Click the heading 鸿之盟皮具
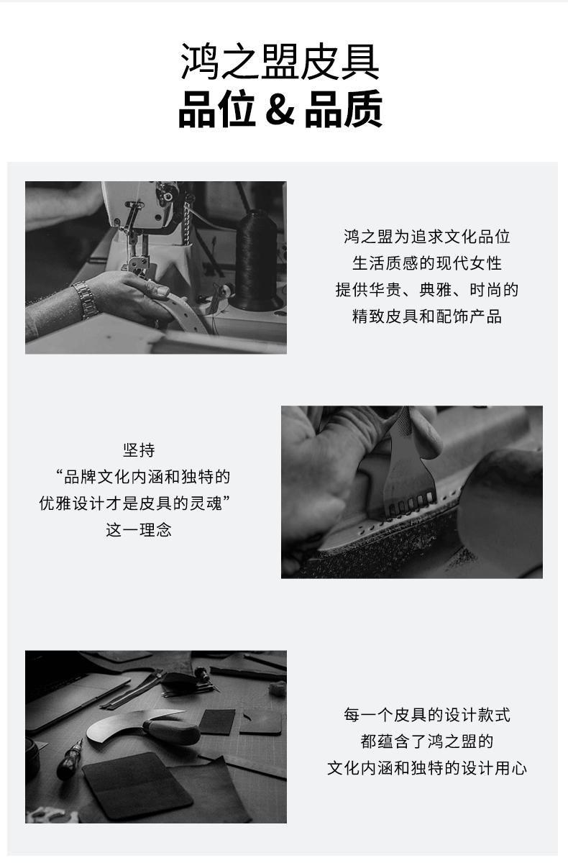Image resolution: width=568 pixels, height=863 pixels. pyautogui.click(x=280, y=62)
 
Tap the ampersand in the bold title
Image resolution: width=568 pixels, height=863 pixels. pyautogui.click(x=280, y=109)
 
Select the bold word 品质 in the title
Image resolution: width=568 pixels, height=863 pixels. pyautogui.click(x=344, y=109)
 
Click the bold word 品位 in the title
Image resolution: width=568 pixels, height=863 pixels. pyautogui.click(x=217, y=109)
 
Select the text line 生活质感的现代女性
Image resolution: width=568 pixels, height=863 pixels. pyautogui.click(x=426, y=263)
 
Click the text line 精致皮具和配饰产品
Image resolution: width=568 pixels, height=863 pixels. pyautogui.click(x=426, y=316)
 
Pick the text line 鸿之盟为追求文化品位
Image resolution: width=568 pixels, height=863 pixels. pyautogui.click(x=426, y=237)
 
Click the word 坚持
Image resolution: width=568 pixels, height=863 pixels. pyautogui.click(x=139, y=450)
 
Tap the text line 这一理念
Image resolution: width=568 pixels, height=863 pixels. pyautogui.click(x=139, y=530)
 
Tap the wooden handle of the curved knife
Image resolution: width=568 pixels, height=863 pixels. pyautogui.click(x=171, y=731)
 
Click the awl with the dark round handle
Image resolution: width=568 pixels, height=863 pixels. pyautogui.click(x=70, y=759)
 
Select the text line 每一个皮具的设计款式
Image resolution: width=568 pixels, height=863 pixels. pyautogui.click(x=426, y=715)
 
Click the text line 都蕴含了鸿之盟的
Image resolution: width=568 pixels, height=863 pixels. pyautogui.click(x=426, y=741)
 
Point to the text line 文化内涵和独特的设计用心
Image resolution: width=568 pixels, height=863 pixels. pyautogui.click(x=426, y=768)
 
